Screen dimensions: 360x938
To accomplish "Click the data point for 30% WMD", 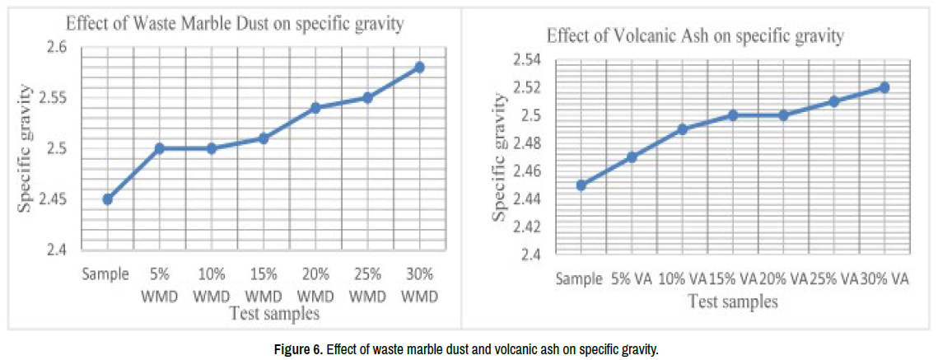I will (419, 67).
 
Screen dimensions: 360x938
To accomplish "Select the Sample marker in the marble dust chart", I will (107, 199).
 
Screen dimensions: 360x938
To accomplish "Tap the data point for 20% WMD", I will (315, 107).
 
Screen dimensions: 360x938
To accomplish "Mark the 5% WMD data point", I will (159, 148).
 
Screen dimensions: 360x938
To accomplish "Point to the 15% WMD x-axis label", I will (263, 283).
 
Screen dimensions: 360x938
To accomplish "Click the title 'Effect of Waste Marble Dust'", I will (235, 24).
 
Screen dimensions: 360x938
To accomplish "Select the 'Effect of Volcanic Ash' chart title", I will (695, 35).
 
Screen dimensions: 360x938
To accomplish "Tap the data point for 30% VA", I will (884, 87).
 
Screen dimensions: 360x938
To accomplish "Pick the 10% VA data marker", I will (682, 129).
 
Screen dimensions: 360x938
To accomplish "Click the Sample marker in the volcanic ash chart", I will (581, 185).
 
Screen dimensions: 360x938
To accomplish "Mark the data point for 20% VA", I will (783, 115).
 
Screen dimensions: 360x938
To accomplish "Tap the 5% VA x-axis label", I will (632, 280).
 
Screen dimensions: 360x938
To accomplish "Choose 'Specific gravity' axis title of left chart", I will (26, 148).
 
